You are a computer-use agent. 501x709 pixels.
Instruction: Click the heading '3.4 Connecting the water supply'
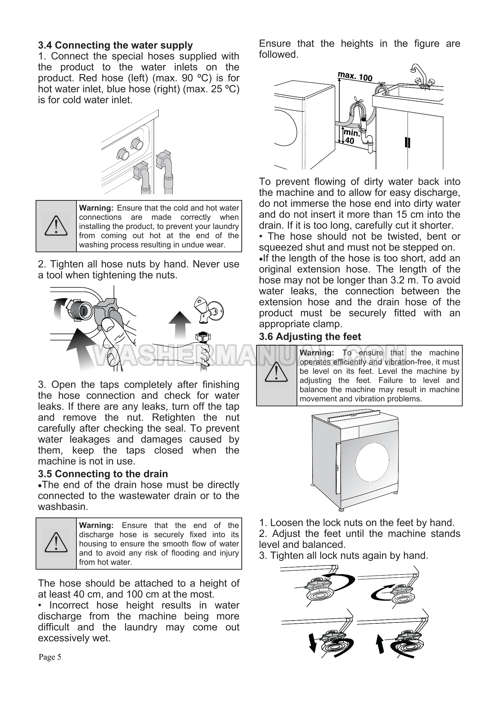coord(115,45)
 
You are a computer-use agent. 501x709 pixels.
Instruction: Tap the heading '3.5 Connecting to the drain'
coord(103,474)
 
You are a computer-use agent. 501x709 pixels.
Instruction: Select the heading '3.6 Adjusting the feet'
coord(310,337)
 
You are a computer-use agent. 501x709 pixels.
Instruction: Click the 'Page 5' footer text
coord(50,657)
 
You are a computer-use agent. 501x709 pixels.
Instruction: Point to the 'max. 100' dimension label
coord(355,76)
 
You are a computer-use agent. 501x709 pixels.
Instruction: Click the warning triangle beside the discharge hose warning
coord(56,543)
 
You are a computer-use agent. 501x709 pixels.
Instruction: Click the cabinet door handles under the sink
coord(407,143)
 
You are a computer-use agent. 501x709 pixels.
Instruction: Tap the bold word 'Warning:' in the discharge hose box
coord(96,526)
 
